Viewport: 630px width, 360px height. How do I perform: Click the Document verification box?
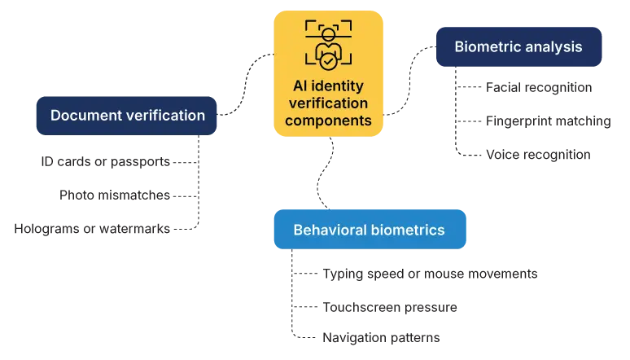point(127,116)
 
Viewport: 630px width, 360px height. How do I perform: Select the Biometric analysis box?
point(518,46)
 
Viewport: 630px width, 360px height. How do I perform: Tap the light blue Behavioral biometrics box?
point(370,230)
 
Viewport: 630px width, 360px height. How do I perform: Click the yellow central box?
point(328,73)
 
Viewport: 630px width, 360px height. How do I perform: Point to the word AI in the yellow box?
point(302,86)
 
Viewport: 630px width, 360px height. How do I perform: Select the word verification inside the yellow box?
point(328,103)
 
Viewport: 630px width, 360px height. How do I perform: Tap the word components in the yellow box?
point(328,121)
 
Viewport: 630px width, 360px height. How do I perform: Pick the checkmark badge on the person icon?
point(328,59)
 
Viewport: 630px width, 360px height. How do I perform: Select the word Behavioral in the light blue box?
point(331,230)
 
